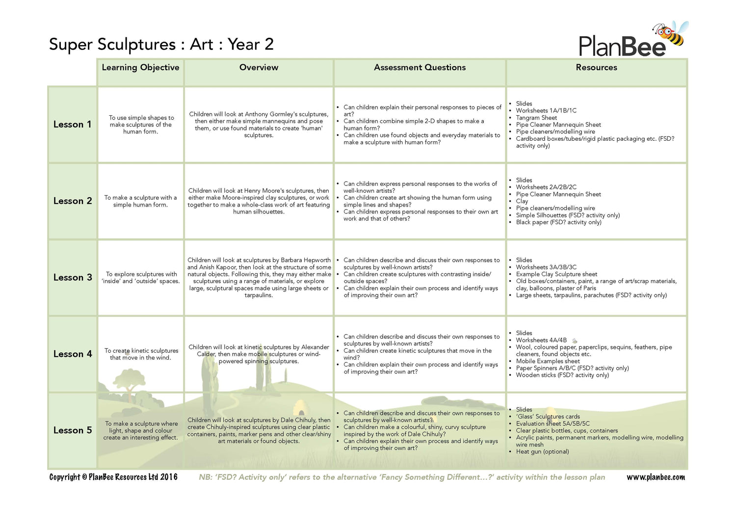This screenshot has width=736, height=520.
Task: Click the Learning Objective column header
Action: (x=140, y=68)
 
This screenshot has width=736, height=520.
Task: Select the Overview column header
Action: (x=259, y=68)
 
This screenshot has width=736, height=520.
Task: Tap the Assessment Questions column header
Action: (x=420, y=68)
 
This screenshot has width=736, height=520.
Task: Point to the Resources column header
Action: (x=596, y=68)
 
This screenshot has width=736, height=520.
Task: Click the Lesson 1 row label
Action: (x=72, y=125)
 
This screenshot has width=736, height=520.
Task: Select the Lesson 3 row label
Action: (x=73, y=278)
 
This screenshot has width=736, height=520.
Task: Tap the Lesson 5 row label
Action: (x=73, y=430)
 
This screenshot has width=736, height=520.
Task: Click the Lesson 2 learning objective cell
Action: (x=140, y=201)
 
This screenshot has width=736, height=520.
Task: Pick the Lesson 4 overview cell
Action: (x=259, y=354)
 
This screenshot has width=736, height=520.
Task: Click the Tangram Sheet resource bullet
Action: (x=536, y=118)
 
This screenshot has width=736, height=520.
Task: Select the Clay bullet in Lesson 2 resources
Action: (x=522, y=201)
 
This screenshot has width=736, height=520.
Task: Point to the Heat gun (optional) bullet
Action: (x=542, y=452)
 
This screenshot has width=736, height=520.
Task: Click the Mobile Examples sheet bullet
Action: (x=548, y=361)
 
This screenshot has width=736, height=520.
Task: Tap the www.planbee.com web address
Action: (x=656, y=477)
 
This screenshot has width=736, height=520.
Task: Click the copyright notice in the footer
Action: (x=113, y=477)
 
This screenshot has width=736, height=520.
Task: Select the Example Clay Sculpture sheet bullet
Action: (x=556, y=274)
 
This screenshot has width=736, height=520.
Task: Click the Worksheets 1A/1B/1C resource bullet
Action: (x=546, y=111)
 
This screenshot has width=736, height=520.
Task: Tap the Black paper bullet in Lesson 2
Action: (x=558, y=222)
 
